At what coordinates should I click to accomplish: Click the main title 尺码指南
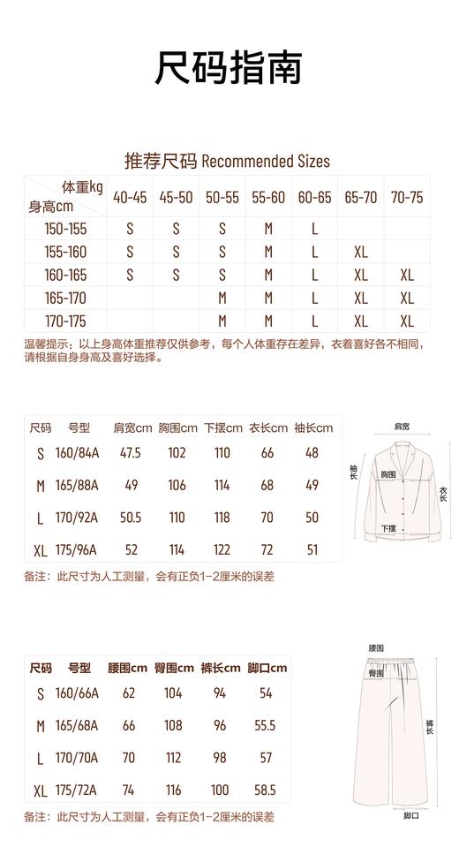229,68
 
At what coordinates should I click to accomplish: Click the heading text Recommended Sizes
266,161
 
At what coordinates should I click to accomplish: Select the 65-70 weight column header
360,198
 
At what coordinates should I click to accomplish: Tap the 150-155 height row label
65,229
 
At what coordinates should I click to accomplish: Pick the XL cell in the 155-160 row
360,252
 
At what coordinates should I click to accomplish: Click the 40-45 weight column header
130,198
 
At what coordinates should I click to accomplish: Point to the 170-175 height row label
65,321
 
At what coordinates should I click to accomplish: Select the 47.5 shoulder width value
131,453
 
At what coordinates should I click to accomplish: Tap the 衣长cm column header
268,428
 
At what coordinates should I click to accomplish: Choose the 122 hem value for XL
222,549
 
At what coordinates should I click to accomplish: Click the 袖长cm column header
313,428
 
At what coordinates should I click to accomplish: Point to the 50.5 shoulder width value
131,518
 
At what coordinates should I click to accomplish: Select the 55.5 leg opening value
265,725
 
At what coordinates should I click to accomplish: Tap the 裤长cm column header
220,668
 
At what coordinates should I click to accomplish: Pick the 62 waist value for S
129,693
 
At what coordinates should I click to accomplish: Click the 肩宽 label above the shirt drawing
402,427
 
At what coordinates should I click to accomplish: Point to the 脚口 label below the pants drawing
411,815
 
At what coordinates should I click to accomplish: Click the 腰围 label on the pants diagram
376,648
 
